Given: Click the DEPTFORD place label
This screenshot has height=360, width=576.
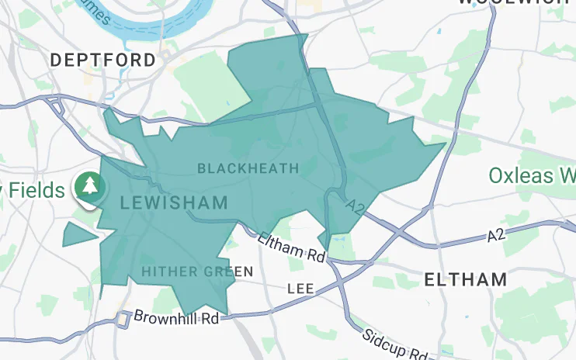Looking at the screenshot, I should coord(103,60).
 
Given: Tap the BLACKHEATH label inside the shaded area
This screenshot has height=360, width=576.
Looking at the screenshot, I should coord(248,168).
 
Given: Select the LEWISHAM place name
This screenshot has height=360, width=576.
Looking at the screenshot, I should coord(175,203).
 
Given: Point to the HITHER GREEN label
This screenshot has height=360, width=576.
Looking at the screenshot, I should coord(197,272).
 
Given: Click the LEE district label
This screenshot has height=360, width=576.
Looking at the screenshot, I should coord(300,288).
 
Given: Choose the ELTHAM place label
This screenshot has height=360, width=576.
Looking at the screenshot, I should coord(467,279).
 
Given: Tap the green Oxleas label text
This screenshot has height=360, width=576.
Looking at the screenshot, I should coord(532,175).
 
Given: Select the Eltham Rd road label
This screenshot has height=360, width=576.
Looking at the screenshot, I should coord(293,247).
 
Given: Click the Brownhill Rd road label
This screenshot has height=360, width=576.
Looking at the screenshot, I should coord(176,317).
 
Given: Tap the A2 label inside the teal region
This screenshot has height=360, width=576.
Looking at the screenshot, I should coord(355,206).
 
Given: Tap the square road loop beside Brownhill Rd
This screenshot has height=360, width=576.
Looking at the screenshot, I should coord(122,318).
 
